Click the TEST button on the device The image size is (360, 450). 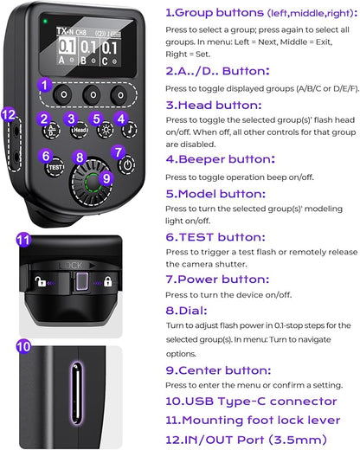55,167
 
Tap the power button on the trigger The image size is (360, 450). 127,165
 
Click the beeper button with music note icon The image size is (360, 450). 129,130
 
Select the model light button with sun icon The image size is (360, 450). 105,130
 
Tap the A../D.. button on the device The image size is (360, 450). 51,131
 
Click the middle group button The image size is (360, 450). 93,94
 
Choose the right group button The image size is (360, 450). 120,95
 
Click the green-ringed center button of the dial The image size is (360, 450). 93,183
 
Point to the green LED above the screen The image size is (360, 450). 45,21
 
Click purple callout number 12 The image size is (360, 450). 9,115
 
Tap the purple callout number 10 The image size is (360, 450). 23,346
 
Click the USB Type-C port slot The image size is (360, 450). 76,393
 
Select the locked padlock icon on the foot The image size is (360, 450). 107,281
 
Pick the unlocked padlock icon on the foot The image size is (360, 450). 40,281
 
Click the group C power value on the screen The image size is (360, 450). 110,48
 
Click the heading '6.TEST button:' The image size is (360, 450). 215,237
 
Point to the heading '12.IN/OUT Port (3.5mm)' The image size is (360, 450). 246,440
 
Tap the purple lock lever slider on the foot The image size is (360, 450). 82,281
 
